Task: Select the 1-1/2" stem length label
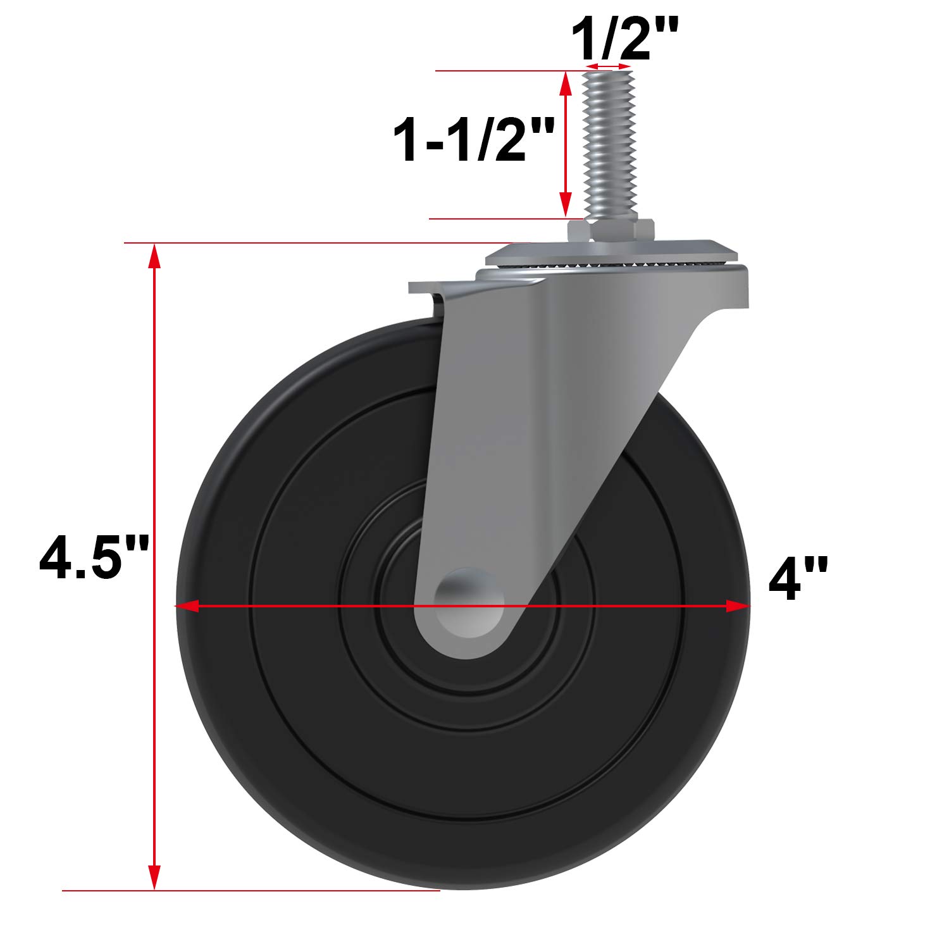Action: (474, 140)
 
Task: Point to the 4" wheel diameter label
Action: (798, 579)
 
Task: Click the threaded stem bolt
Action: (608, 142)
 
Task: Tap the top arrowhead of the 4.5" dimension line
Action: (154, 257)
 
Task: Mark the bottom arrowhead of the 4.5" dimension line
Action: (154, 877)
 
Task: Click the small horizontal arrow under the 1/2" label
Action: (608, 66)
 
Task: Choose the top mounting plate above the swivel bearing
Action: (611, 252)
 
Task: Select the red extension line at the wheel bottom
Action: (253, 891)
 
